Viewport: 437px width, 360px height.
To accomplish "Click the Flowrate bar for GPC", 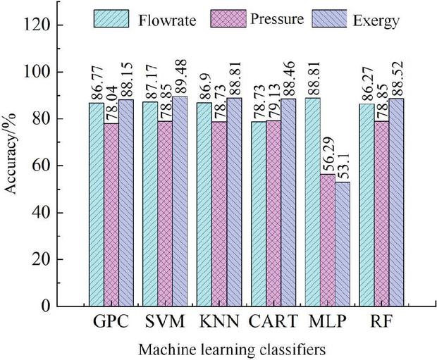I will tap(96, 204).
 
